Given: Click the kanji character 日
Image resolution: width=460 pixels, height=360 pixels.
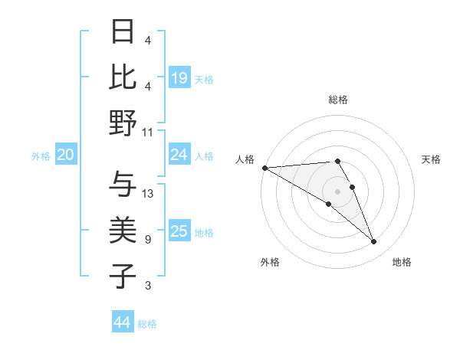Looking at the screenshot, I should tap(123, 32).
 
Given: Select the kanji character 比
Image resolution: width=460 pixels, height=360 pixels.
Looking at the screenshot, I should tap(123, 77).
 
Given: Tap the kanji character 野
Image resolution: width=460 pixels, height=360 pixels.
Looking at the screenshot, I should tap(123, 123).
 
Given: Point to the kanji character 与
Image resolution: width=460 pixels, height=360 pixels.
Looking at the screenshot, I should tap(123, 185).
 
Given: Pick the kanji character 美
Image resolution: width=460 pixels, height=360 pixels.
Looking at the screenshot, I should tap(123, 231).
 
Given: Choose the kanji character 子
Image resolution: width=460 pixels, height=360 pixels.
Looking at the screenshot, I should tap(123, 276).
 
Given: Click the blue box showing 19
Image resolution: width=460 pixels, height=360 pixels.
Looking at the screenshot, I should tap(179, 78).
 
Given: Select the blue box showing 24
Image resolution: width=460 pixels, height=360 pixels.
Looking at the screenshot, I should tap(179, 155).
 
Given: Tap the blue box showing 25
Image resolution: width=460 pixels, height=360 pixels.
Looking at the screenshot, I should tap(179, 231).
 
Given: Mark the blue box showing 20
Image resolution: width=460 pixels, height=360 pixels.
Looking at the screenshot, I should tap(65, 155).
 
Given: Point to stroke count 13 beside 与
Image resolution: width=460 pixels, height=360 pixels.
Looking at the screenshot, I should tap(148, 194).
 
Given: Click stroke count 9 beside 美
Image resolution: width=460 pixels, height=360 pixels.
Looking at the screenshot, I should tap(147, 240).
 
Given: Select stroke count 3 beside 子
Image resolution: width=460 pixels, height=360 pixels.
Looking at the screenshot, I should tap(147, 286).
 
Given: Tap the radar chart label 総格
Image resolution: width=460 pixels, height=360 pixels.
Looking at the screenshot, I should tap(337, 100).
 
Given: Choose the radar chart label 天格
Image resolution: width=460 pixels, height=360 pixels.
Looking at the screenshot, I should tap(431, 159).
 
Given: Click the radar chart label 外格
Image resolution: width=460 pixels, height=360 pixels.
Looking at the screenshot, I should tap(270, 262).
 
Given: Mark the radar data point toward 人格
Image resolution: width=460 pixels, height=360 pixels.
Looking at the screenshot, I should tap(264, 168).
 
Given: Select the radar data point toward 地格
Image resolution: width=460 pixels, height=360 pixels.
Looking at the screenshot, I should tap(374, 241).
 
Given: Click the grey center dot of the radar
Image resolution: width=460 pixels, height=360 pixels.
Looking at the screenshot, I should tap(337, 191).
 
